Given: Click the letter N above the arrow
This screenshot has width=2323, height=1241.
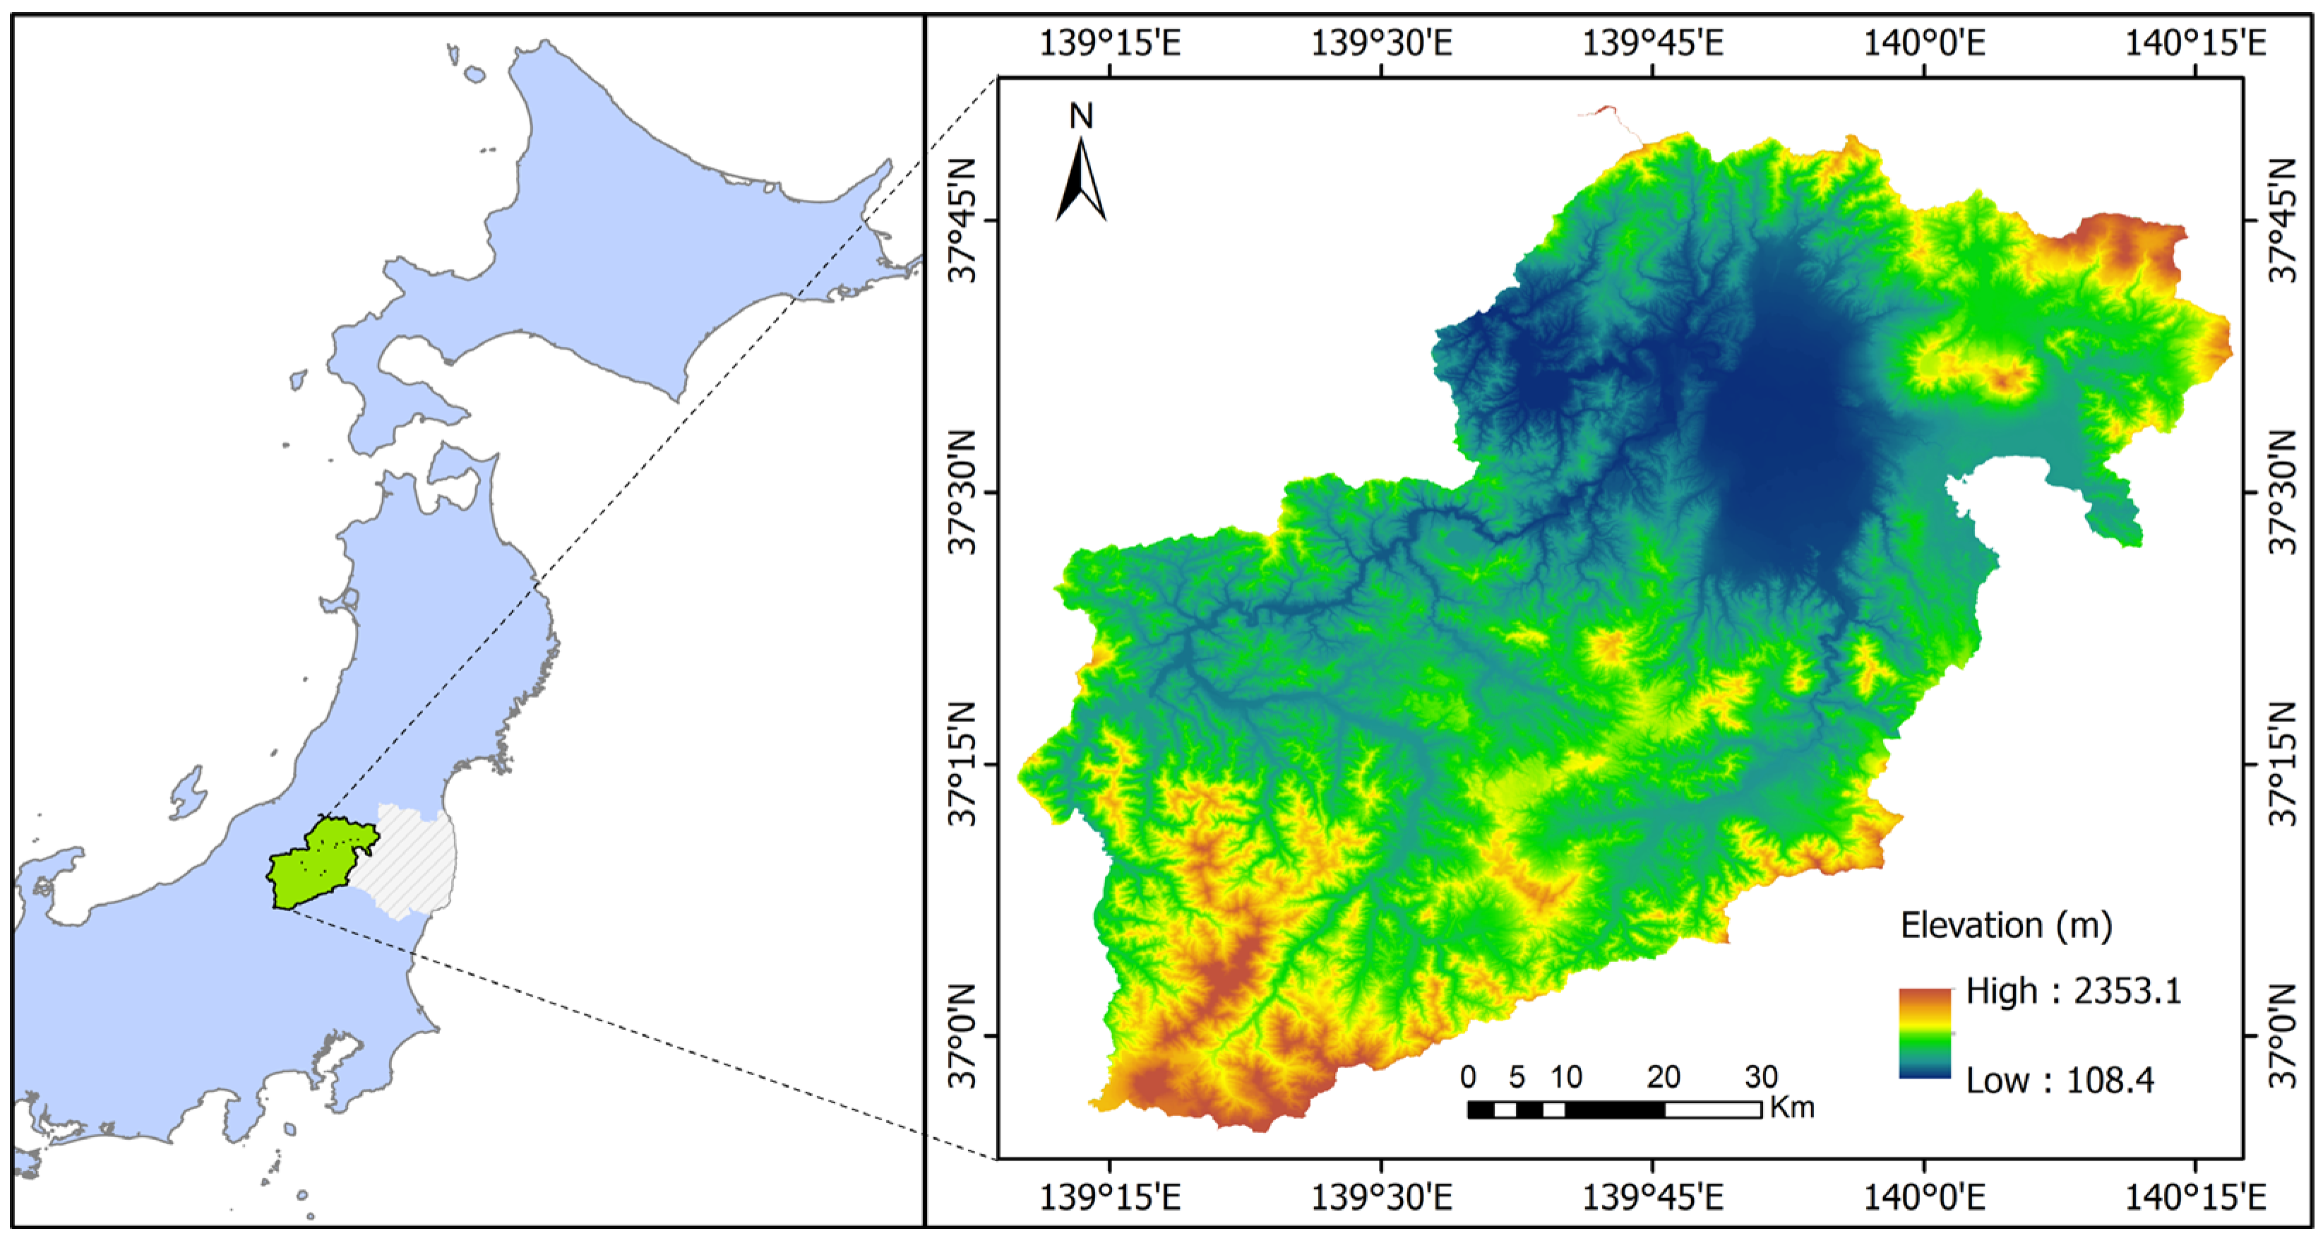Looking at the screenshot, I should click(x=1080, y=115).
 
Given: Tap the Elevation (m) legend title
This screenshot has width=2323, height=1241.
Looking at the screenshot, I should click(x=2005, y=925).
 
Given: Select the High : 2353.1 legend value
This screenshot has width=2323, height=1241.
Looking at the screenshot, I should click(x=2073, y=991).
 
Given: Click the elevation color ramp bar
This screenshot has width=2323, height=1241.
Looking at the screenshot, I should click(x=1924, y=1033).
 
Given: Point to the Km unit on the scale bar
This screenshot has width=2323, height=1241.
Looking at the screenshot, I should click(x=1792, y=1108).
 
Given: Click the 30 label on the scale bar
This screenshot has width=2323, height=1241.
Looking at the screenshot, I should click(x=1760, y=1077).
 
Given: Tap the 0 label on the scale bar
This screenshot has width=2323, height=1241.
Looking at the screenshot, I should click(x=1468, y=1077).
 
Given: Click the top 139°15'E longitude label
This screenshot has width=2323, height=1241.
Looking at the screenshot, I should click(x=1109, y=42).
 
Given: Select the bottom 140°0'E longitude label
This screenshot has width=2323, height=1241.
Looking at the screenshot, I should click(x=1924, y=1198).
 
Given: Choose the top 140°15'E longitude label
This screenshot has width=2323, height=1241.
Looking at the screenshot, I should click(x=2195, y=42).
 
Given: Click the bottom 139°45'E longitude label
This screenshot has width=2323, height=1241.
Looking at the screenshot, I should click(x=1652, y=1198).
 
